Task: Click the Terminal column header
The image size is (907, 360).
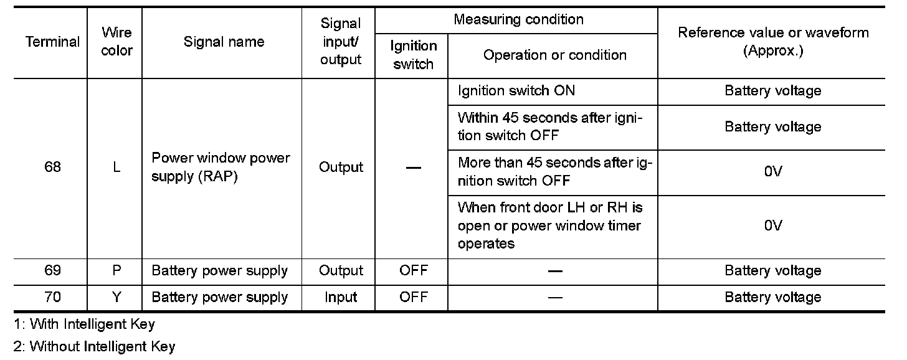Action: (52, 42)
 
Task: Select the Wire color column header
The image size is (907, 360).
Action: (116, 42)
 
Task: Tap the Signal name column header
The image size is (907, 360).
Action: (224, 42)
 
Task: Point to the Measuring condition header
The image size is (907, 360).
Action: (518, 20)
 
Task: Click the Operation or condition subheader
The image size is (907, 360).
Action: (554, 55)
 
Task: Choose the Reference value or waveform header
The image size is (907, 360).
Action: (772, 42)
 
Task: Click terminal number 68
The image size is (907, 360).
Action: (52, 168)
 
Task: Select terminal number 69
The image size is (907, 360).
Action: (52, 271)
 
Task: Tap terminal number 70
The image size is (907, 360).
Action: (52, 298)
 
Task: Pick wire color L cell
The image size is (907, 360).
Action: (116, 168)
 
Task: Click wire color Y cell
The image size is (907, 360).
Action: (116, 298)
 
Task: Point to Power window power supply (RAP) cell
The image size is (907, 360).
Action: (221, 168)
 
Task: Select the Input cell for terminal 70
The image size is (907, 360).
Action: (340, 298)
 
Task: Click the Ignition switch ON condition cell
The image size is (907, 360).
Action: (516, 91)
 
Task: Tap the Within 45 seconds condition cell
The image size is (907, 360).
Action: (550, 126)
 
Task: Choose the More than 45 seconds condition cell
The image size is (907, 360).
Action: (554, 172)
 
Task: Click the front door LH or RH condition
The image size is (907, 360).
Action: (549, 225)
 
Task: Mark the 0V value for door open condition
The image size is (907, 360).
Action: (772, 225)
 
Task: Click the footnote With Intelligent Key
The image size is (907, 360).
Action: (85, 324)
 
